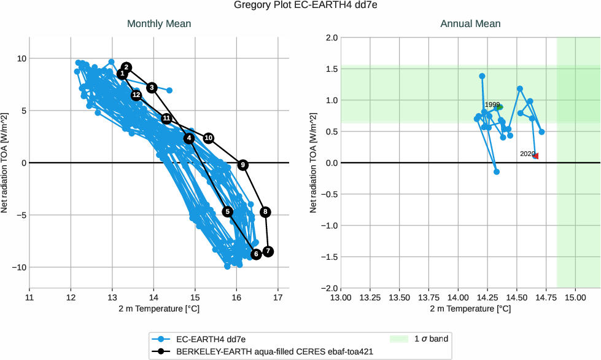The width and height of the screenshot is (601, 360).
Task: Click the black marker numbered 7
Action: pyautogui.click(x=268, y=252)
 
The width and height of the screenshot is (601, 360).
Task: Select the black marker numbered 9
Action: pyautogui.click(x=243, y=165)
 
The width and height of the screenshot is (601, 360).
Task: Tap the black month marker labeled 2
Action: pyautogui.click(x=126, y=68)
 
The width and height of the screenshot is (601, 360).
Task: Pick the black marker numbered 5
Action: pyautogui.click(x=228, y=212)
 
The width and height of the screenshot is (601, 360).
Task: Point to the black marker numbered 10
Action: pyautogui.click(x=209, y=138)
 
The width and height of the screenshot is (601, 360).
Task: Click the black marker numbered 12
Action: pyautogui.click(x=136, y=95)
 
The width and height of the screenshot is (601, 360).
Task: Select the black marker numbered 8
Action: pyautogui.click(x=265, y=212)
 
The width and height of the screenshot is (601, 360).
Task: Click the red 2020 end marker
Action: pyautogui.click(x=535, y=156)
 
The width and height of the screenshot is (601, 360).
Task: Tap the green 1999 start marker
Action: pyautogui.click(x=499, y=107)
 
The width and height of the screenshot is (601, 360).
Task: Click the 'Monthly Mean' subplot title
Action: pyautogui.click(x=159, y=24)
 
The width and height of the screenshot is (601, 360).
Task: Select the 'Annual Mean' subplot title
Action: pyautogui.click(x=470, y=24)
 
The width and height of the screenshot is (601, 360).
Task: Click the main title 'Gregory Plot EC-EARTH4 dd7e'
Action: pyautogui.click(x=300, y=6)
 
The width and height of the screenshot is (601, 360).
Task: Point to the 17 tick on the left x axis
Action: pyautogui.click(x=278, y=298)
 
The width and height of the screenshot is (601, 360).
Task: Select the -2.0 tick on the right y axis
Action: pyautogui.click(x=330, y=288)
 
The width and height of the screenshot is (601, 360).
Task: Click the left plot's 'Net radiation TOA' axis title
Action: pyautogui.click(x=5, y=163)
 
